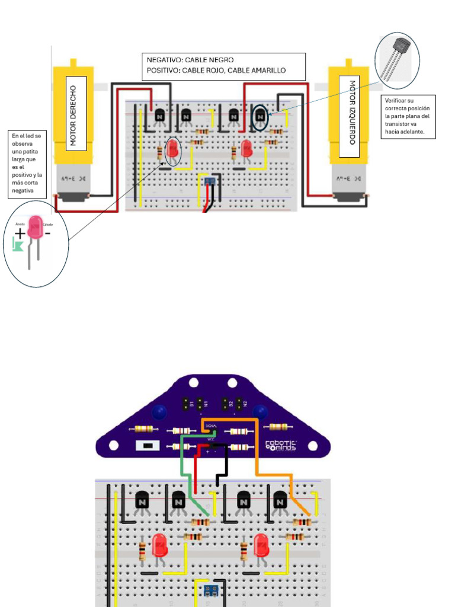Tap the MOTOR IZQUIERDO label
pos(352,112)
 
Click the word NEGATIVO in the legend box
pos(165,60)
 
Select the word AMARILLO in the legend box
pos(267,71)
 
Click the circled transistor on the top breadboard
pos(259,117)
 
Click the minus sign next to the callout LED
pos(47,233)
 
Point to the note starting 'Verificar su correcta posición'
pos(409,117)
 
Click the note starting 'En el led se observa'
pos(27,164)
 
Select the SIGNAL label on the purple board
pos(212,426)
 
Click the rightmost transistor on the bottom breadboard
pos(280,501)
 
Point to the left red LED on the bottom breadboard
pos(159,545)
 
